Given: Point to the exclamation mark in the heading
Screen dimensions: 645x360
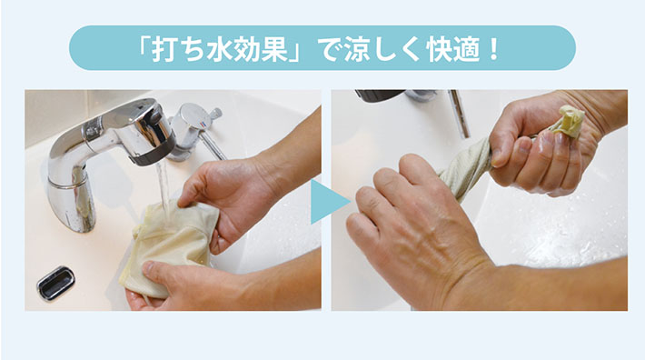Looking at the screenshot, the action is coord(493,48).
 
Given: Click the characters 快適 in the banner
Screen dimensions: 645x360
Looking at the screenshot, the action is coord(454,48).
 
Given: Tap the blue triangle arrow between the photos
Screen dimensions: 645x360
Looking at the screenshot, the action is coord(330,202).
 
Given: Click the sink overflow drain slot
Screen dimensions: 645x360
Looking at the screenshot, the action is coord(55,283).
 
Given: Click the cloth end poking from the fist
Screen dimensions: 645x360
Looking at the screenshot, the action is coord(568,120).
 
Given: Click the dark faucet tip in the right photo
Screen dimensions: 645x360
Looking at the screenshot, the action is coord(379,95).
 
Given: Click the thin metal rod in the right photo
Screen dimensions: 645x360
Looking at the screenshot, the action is coord(459,114).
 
